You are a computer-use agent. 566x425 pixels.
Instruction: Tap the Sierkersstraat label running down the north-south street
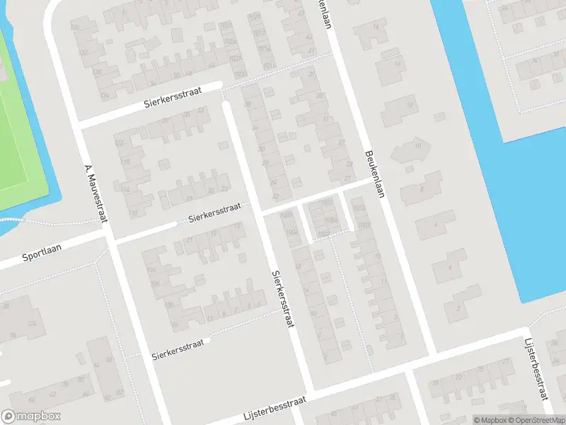click(282, 297)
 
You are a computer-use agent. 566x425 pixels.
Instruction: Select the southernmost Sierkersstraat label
click(178, 348)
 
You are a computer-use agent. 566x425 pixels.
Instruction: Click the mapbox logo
click(31, 417)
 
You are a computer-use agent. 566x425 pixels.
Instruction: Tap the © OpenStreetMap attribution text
click(535, 420)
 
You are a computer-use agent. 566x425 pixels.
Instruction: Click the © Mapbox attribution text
click(490, 420)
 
